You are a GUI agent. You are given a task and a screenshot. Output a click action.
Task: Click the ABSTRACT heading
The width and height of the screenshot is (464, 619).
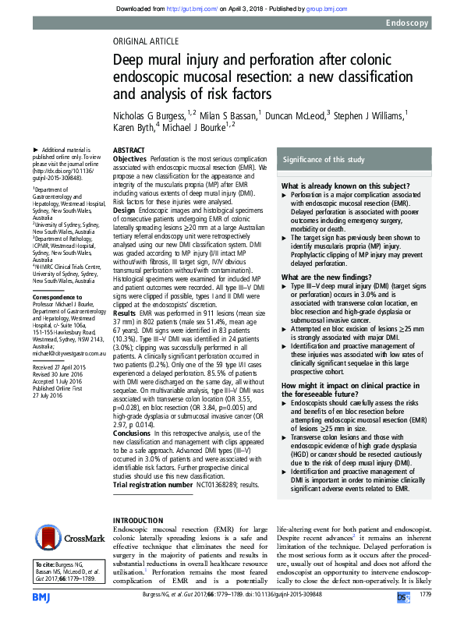pos(128,150)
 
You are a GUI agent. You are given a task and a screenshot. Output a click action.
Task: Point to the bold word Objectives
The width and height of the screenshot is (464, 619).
pos(129,158)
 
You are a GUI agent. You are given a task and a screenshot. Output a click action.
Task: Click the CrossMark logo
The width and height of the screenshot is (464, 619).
pos(67,537)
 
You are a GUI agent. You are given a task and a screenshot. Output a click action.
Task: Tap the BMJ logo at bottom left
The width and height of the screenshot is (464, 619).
pos(41,597)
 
